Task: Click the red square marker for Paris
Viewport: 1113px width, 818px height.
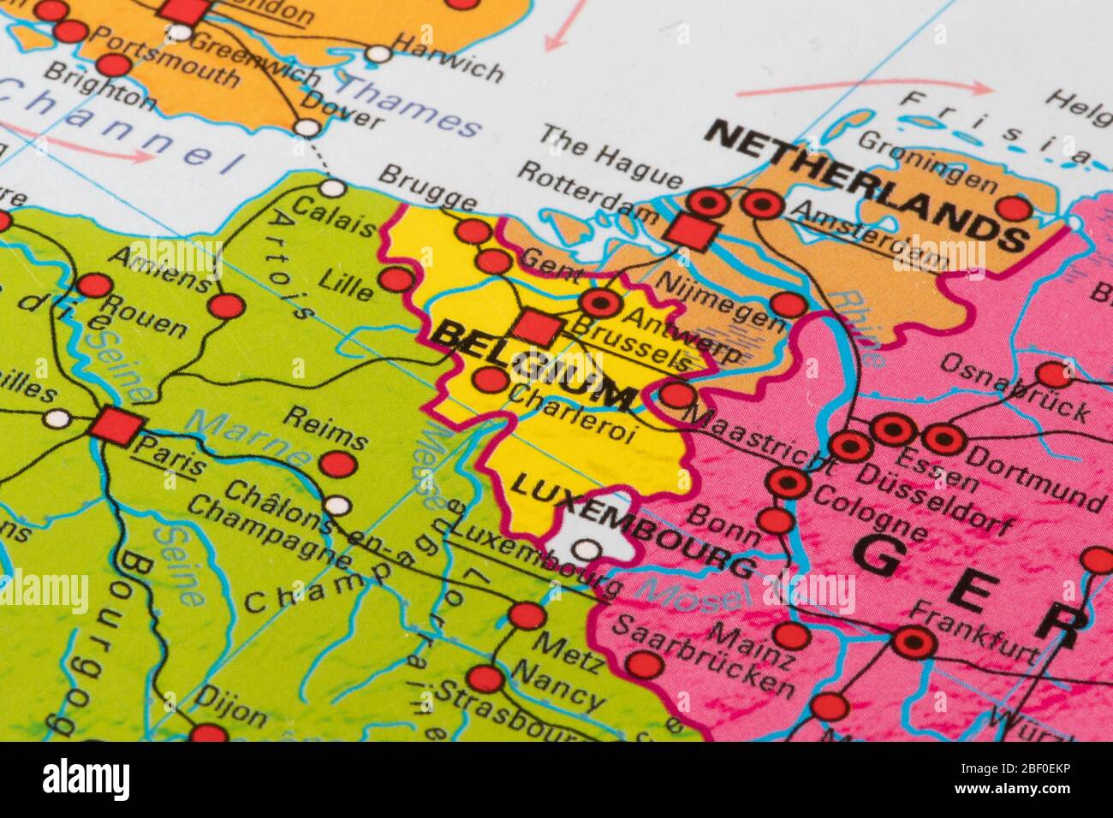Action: (116, 426)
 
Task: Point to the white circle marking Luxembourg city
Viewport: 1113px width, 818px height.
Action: (586, 548)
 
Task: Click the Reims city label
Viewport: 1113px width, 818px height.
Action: (324, 428)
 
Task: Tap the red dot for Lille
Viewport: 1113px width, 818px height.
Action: (396, 279)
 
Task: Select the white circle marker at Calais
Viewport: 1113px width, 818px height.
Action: (332, 188)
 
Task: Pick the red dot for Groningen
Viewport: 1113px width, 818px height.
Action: (1013, 208)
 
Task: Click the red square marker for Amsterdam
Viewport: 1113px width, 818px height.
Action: (691, 231)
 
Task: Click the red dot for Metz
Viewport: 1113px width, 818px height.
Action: (527, 615)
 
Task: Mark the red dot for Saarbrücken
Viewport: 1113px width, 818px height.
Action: (644, 664)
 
